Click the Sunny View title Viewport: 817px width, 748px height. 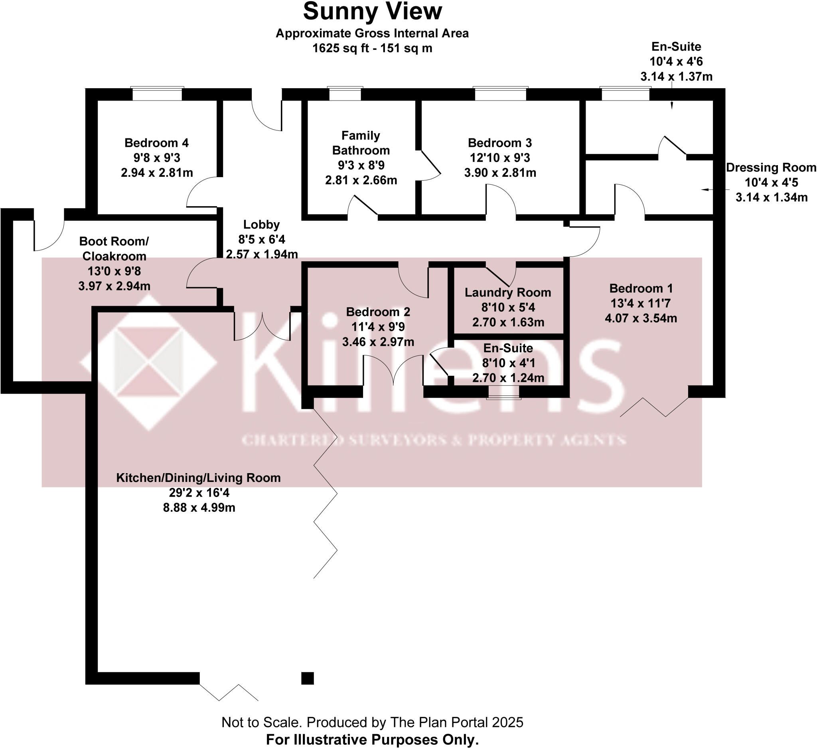point(372,11)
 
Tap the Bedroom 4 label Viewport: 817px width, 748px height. point(156,143)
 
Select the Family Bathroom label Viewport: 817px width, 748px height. point(361,143)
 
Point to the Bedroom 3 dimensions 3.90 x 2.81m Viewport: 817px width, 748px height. point(500,173)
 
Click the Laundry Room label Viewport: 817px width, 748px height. point(508,292)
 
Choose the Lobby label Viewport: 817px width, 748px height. point(261,225)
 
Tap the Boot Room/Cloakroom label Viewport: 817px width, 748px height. point(114,249)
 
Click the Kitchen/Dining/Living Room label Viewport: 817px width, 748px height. point(199,478)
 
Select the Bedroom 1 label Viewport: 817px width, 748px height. point(641,288)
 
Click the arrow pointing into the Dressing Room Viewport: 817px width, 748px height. point(707,189)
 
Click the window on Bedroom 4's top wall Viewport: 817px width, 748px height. point(157,94)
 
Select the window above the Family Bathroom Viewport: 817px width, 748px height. point(345,94)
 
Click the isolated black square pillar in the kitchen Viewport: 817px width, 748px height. point(308,678)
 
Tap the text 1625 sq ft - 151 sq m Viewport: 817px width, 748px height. point(372,48)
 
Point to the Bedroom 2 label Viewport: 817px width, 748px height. point(378,312)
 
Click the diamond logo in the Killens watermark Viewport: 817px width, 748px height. point(149,363)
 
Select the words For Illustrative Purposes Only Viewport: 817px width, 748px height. point(372,740)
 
